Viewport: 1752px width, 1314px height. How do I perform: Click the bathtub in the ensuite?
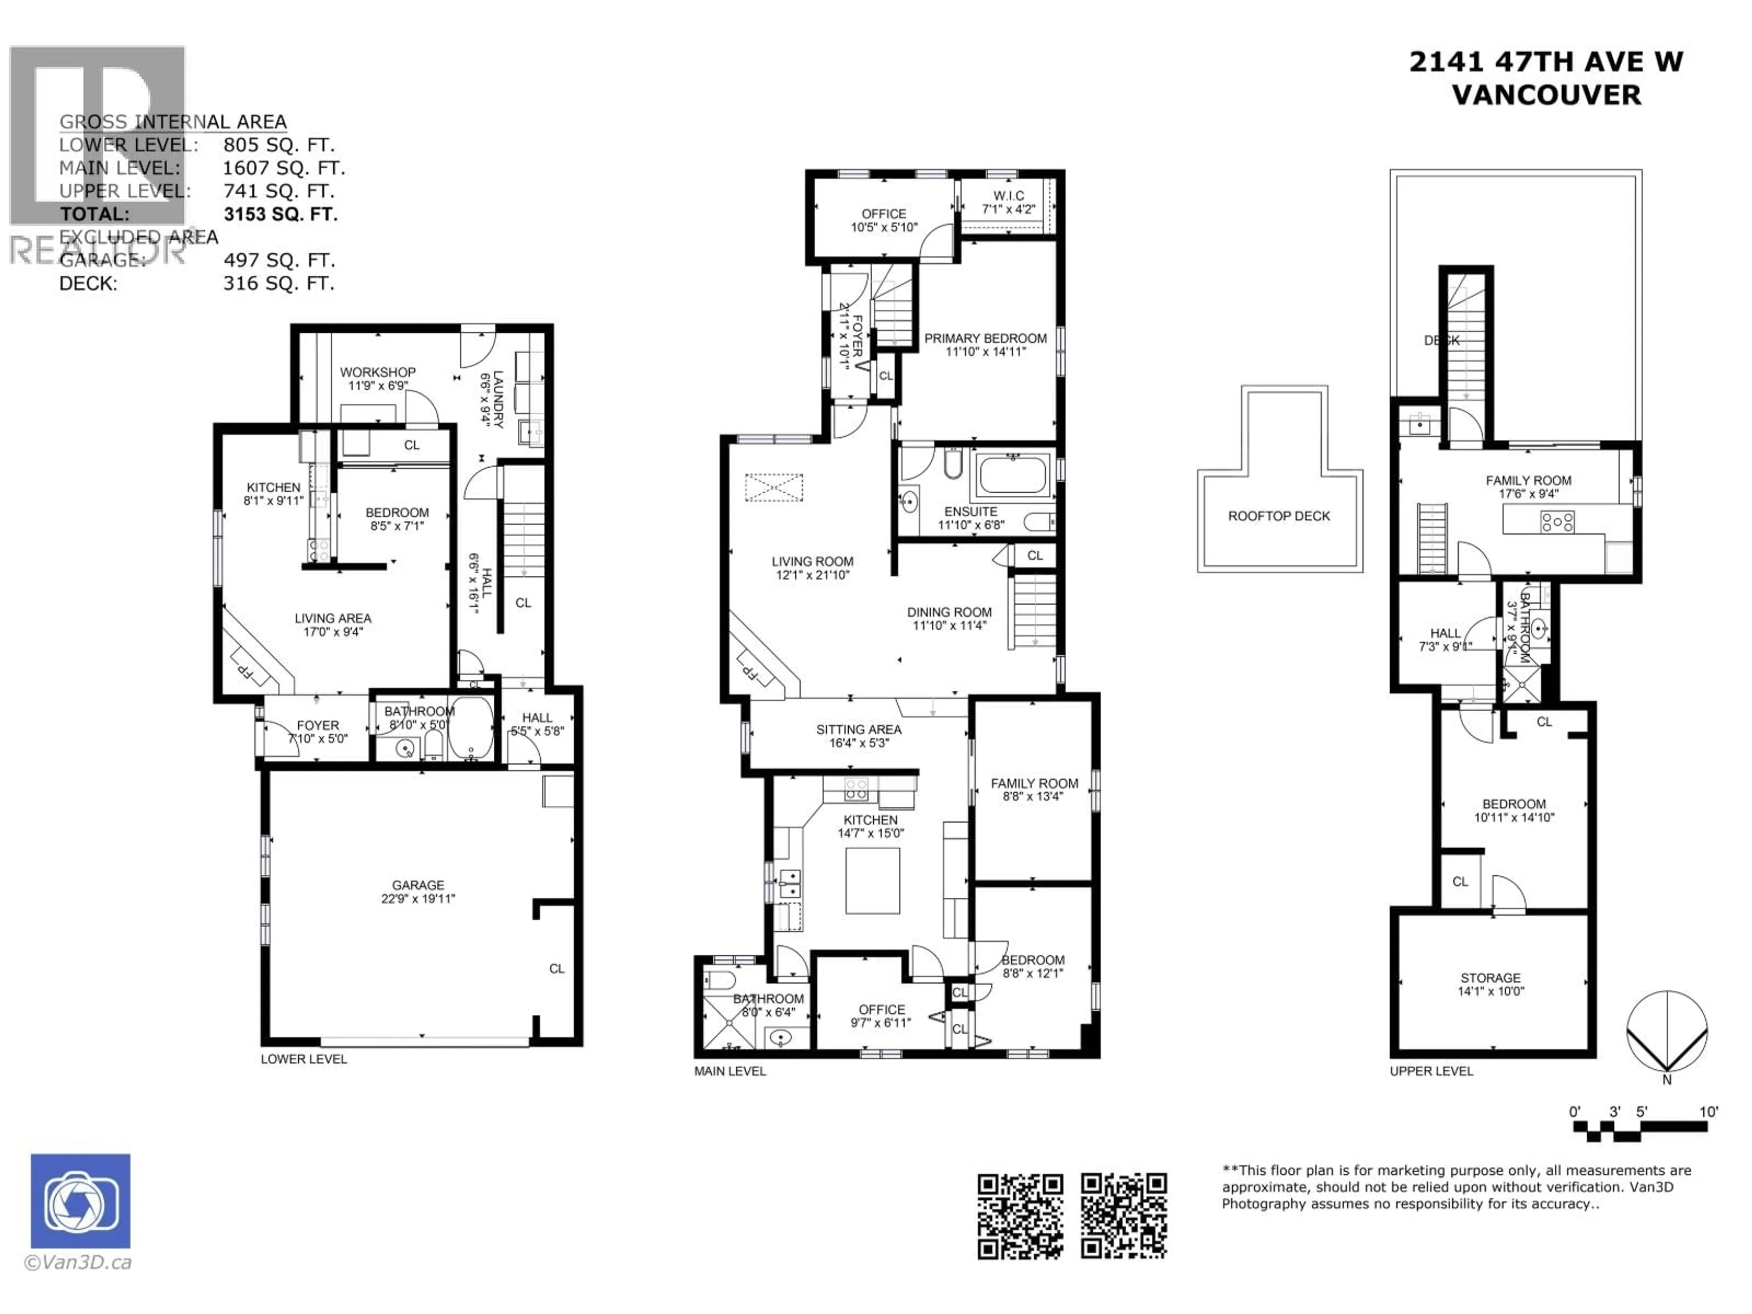coord(1013,475)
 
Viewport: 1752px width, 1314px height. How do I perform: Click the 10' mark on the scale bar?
coord(1709,1112)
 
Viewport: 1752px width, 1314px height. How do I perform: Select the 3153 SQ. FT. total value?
coord(281,214)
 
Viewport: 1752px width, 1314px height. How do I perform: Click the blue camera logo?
coord(81,1201)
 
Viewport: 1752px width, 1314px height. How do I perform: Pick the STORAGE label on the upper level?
coord(1491,977)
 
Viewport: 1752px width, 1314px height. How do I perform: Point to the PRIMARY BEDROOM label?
coord(985,338)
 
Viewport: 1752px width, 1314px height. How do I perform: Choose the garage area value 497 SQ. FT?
coord(279,260)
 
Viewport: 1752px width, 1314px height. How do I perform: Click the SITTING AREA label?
coord(859,730)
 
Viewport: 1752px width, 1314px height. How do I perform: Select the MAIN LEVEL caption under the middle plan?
coord(730,1071)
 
